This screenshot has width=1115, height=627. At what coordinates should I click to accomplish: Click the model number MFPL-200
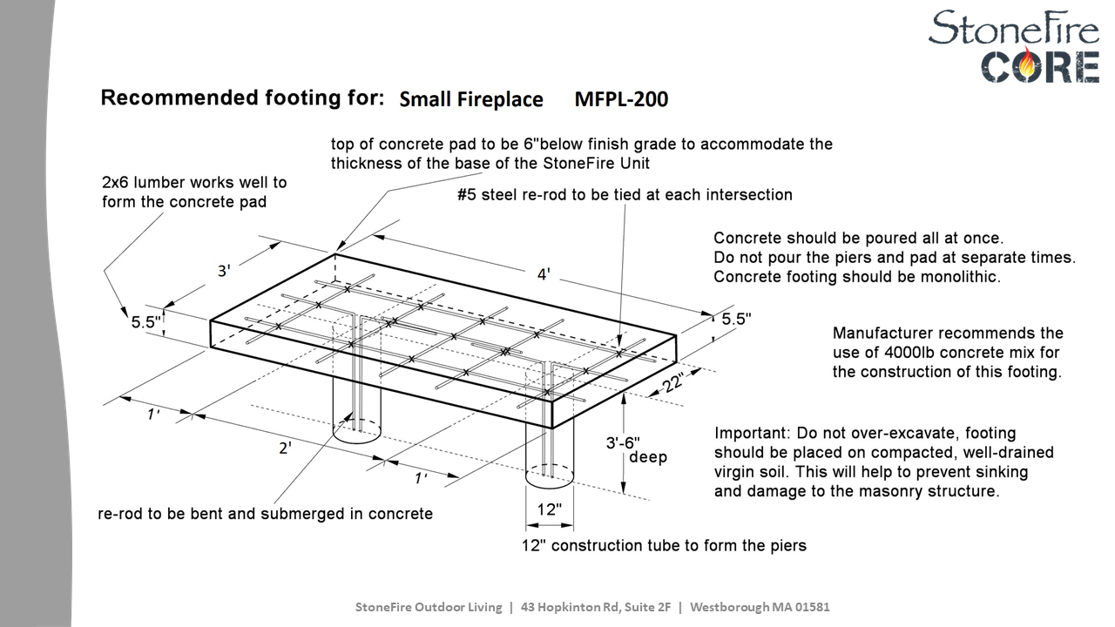click(x=621, y=99)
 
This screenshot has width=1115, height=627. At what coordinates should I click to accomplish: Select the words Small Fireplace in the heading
click(x=470, y=99)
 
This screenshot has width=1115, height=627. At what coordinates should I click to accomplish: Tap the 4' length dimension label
click(x=544, y=274)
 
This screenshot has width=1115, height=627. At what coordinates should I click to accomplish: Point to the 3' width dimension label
click(x=224, y=271)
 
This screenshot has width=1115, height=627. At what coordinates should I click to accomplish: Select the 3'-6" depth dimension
click(x=629, y=442)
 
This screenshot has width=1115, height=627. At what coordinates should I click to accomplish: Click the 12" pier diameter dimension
click(x=549, y=509)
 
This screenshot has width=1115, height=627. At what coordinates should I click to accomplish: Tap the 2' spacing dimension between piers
click(x=285, y=448)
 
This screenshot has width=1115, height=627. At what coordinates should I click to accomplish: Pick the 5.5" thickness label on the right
click(x=736, y=320)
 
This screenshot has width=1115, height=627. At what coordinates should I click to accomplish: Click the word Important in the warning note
click(x=749, y=433)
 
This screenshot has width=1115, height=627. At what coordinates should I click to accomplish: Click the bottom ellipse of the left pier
click(x=357, y=429)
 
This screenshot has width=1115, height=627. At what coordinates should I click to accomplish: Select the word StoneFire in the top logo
click(x=1013, y=28)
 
